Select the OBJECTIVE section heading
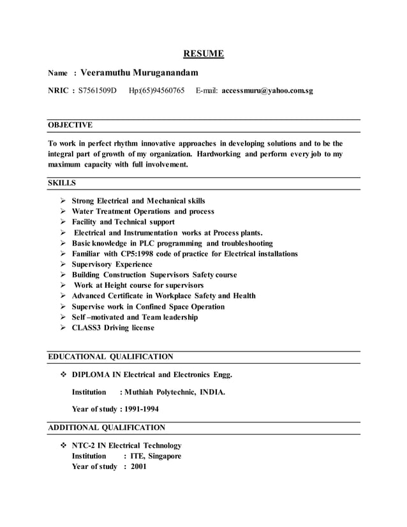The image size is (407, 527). tap(70, 125)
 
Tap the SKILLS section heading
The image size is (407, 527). tap(62, 183)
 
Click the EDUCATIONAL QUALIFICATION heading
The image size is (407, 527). tap(110, 357)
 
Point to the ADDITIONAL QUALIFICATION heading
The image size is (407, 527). tap(107, 427)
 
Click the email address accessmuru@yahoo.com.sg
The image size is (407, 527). tap(263, 91)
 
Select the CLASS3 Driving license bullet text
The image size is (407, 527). tap(113, 328)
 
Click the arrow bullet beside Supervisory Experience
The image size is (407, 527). tap(63, 264)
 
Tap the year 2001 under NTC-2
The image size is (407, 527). tap(138, 466)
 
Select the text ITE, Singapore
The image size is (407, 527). tap(156, 456)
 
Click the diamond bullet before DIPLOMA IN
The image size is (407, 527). tap(63, 374)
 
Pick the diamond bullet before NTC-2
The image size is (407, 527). tap(63, 445)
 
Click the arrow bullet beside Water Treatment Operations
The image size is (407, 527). tap(63, 211)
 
